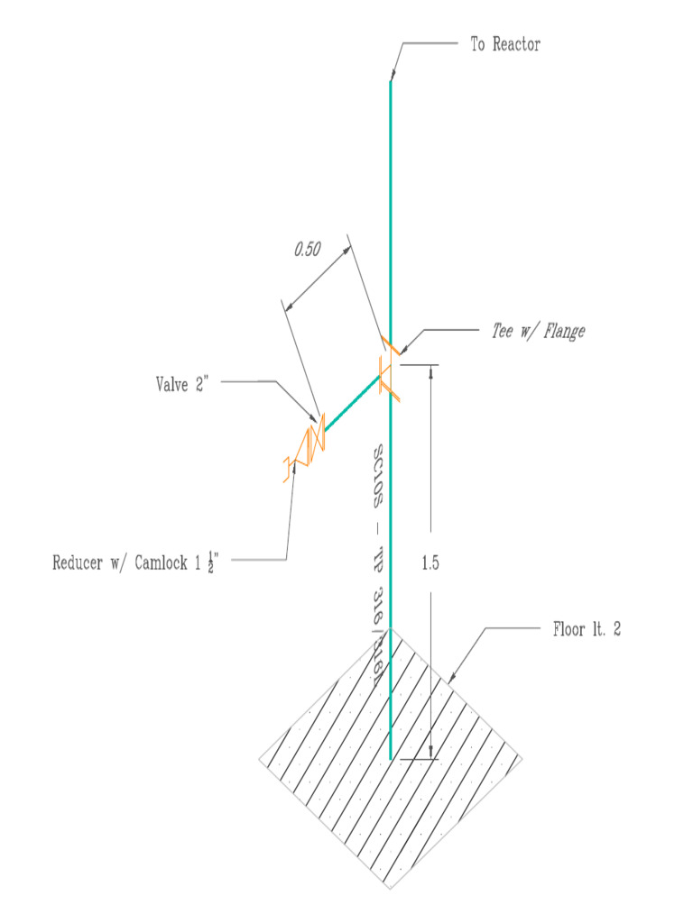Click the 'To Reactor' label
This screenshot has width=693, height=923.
[505, 44]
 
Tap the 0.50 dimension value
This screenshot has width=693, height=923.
[308, 251]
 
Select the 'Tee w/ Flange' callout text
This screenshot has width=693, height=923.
[538, 332]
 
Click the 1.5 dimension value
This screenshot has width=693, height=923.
[430, 563]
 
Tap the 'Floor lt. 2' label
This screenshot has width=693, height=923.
[587, 630]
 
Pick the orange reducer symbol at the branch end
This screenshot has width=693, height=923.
[289, 467]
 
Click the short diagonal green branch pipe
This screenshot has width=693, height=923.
[351, 403]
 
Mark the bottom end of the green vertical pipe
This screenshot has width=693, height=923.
[391, 757]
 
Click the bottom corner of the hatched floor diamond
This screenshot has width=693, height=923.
[390, 889]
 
